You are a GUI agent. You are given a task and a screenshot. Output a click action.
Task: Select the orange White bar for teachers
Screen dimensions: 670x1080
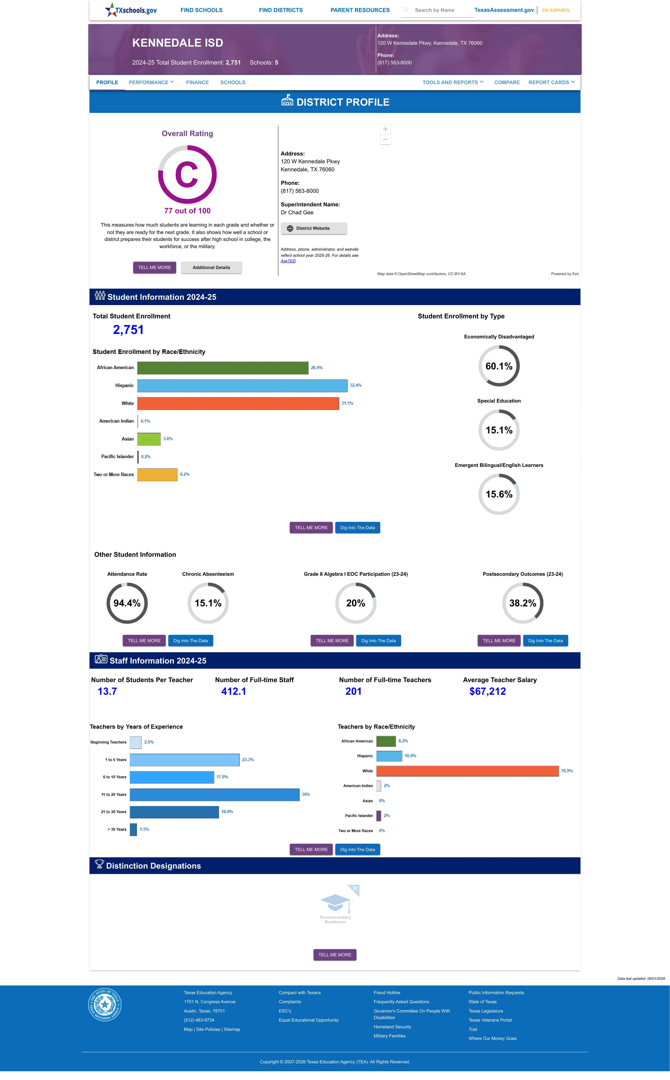point(468,771)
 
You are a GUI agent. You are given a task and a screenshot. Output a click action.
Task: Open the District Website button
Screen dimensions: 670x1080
point(314,228)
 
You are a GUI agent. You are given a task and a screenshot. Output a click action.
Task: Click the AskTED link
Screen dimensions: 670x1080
point(288,261)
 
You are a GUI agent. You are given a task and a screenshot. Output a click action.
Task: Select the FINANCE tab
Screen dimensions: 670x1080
point(197,82)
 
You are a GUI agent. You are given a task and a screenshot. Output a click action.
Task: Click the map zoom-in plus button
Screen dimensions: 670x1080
point(386,129)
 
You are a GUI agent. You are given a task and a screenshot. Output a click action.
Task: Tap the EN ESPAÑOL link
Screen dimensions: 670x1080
point(556,10)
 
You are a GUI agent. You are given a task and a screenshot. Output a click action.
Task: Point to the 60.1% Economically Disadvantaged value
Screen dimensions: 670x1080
point(499,366)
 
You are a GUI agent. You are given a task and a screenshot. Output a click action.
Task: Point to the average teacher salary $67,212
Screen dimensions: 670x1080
point(487,691)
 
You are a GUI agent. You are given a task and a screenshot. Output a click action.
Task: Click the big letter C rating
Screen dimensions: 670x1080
point(187,175)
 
